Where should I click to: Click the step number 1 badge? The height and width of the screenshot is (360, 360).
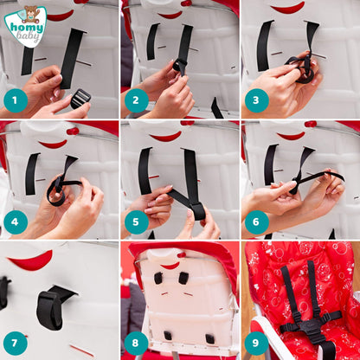(x=16, y=100)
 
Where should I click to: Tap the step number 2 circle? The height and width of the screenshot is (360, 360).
(x=137, y=100)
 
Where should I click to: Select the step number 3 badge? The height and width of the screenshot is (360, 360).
(x=256, y=100)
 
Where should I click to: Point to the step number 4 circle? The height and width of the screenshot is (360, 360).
(x=16, y=222)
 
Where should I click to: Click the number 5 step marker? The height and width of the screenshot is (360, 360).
(x=137, y=222)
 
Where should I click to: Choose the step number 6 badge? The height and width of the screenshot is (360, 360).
(x=256, y=222)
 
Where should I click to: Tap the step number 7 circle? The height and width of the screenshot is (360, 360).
(x=16, y=343)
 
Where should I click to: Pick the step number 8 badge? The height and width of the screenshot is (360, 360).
(x=137, y=343)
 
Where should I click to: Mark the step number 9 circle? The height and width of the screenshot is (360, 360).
(x=256, y=343)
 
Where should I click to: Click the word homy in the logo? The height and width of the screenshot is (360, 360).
(x=27, y=28)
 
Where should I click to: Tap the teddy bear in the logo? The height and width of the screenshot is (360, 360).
(x=31, y=14)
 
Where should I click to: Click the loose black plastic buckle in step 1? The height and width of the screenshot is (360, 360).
(x=80, y=99)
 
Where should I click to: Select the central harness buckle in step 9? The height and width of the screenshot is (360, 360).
(x=309, y=328)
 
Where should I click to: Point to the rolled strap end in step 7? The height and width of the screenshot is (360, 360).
(x=49, y=310)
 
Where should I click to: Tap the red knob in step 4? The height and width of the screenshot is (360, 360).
(x=73, y=132)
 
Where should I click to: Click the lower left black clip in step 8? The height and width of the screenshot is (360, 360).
(x=168, y=336)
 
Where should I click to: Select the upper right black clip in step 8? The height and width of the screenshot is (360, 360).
(x=183, y=278)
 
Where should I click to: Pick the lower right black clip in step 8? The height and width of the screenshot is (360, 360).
(x=209, y=339)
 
